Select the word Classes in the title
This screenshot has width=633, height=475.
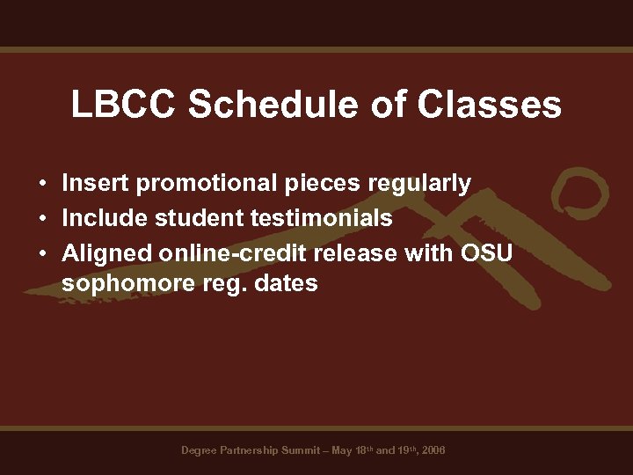[x=490, y=105]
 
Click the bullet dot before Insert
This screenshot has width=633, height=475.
[x=42, y=185]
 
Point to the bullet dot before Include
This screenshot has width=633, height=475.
[x=42, y=218]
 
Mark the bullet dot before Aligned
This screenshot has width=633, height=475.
[x=42, y=252]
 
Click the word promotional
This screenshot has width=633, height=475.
[x=207, y=183]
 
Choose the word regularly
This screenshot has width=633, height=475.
[x=419, y=183]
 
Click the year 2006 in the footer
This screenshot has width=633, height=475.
[x=433, y=450]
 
